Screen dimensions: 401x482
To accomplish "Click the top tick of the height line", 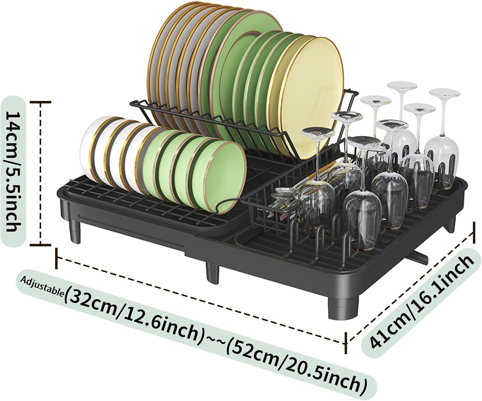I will (x=40, y=102).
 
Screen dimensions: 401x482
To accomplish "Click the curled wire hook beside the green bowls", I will (x=227, y=206).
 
